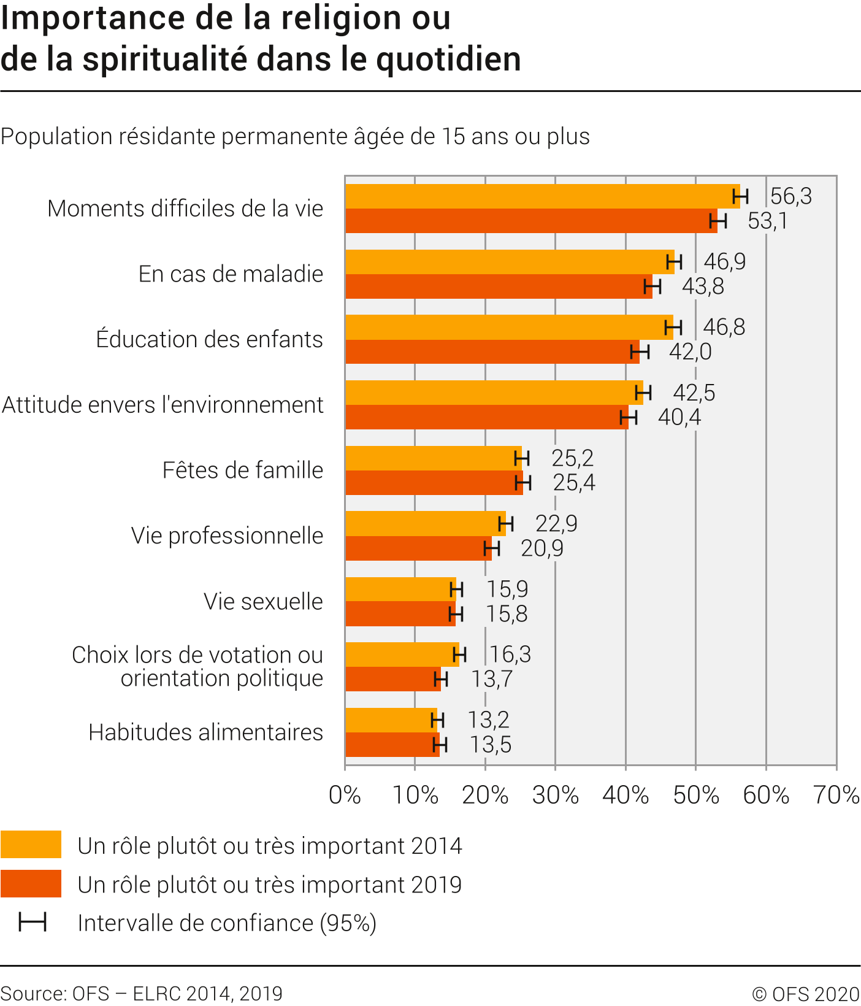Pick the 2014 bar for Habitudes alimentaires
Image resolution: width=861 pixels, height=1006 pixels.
[x=390, y=720]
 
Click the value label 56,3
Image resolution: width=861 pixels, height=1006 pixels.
[x=790, y=196]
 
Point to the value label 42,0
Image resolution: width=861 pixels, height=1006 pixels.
[x=690, y=352]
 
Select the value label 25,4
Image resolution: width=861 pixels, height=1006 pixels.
[x=574, y=483]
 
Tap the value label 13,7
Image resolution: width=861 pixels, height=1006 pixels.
[x=492, y=679]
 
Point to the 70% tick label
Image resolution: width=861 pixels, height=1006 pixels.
[x=836, y=796]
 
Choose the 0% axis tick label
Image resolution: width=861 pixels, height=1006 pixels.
[x=345, y=796]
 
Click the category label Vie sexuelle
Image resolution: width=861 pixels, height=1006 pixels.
[x=263, y=602]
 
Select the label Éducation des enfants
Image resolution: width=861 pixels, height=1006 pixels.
[x=209, y=339]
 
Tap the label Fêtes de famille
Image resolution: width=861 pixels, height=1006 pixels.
[x=242, y=470]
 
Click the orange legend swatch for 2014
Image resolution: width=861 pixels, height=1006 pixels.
[x=31, y=845]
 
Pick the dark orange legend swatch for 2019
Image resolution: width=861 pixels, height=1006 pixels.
[x=31, y=884]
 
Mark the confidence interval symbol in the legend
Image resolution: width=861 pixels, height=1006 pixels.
[x=33, y=923]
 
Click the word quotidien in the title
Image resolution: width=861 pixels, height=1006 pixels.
[x=448, y=59]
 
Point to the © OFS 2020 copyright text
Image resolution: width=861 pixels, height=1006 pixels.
[x=805, y=994]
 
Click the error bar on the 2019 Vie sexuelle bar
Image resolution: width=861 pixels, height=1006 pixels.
[x=456, y=614]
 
